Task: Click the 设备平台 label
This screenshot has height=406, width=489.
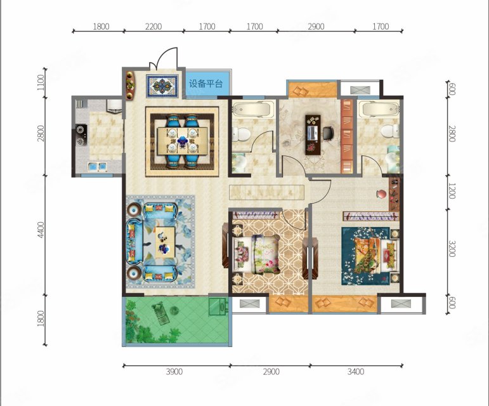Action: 206,84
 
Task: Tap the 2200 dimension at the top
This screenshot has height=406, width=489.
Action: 153,27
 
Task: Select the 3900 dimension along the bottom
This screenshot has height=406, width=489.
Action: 174,371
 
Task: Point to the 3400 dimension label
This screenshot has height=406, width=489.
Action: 356,371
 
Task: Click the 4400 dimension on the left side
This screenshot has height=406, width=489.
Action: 41,230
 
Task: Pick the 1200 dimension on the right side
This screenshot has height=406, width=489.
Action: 452,190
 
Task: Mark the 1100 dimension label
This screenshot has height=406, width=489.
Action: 41,82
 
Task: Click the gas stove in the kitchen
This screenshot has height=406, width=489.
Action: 81,135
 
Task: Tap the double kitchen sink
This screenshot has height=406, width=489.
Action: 97,167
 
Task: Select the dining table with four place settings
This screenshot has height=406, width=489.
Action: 182,141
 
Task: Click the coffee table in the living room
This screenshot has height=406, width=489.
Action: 165,242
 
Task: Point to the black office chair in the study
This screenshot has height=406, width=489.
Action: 328,133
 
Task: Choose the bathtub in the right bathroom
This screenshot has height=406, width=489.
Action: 379,110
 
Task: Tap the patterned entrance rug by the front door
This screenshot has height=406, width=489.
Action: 162,85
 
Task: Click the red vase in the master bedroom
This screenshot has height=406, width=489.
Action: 381,194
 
